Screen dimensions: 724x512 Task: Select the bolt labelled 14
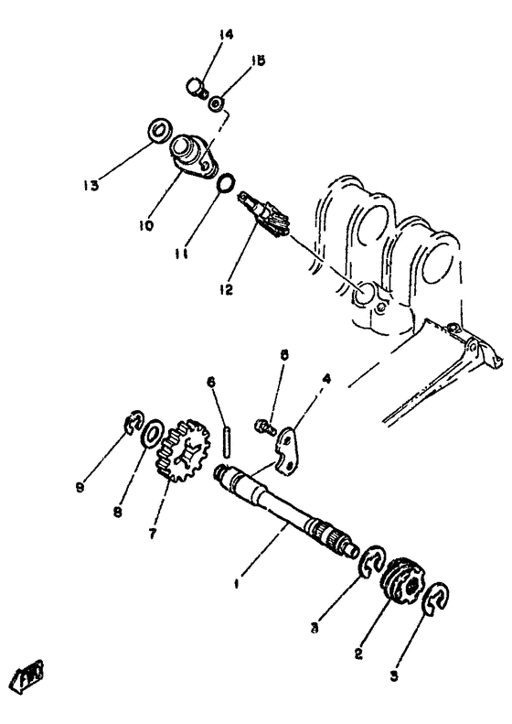[196, 88]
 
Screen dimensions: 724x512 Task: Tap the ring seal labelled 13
[156, 130]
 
